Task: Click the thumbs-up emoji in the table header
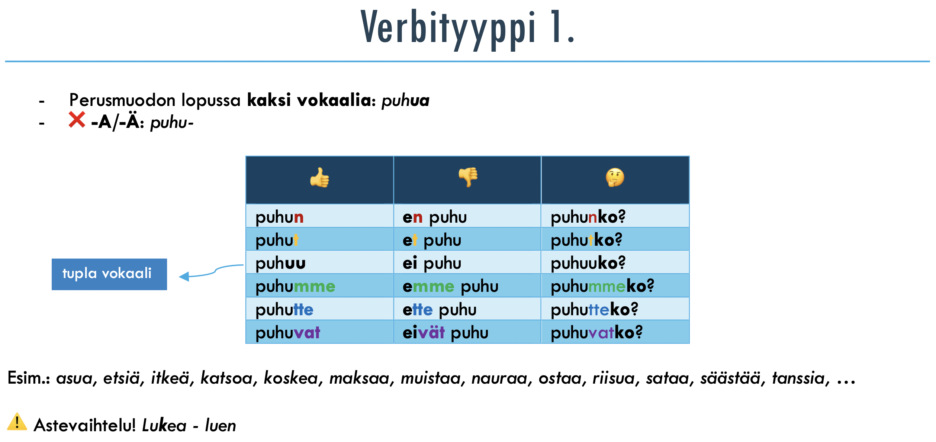pyautogui.click(x=320, y=178)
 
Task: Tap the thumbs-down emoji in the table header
pyautogui.click(x=468, y=177)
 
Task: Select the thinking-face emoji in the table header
pyautogui.click(x=615, y=177)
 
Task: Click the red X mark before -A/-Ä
pyautogui.click(x=77, y=120)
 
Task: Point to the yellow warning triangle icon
pyautogui.click(x=17, y=422)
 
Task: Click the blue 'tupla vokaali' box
pyautogui.click(x=109, y=274)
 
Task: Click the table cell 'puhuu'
pyautogui.click(x=320, y=262)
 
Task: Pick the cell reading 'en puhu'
pyautogui.click(x=467, y=216)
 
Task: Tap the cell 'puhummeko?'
pyautogui.click(x=615, y=285)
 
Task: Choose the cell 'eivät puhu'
pyautogui.click(x=467, y=332)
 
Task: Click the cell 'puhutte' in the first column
pyautogui.click(x=320, y=309)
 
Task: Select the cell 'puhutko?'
pyautogui.click(x=615, y=239)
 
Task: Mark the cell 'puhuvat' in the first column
pyautogui.click(x=320, y=332)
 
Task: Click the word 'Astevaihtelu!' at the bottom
pyautogui.click(x=85, y=425)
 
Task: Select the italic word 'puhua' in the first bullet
pyautogui.click(x=405, y=100)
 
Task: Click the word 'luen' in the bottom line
pyautogui.click(x=221, y=425)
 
